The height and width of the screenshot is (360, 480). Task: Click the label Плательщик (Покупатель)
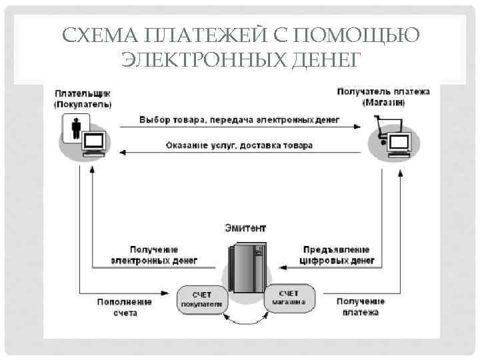click(83, 99)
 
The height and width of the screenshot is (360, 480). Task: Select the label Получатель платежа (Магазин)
click(383, 97)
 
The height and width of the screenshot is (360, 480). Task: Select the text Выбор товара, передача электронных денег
click(239, 120)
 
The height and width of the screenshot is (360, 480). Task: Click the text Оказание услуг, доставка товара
click(239, 145)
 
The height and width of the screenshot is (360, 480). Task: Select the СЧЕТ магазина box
click(289, 297)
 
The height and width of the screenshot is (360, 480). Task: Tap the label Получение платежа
click(361, 307)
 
